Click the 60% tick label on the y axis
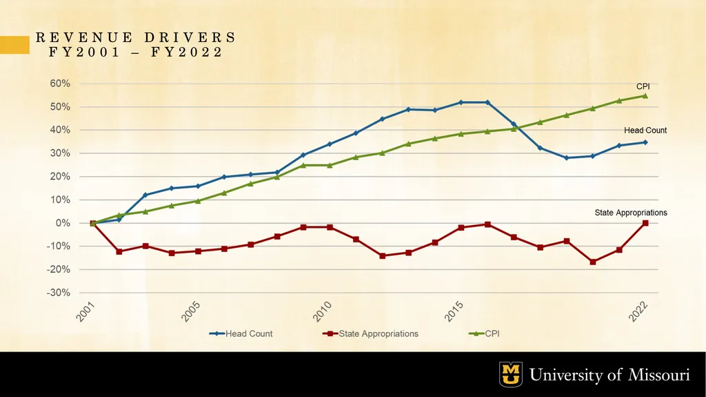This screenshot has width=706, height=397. [59, 84]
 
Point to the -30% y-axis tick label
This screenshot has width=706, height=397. [58, 292]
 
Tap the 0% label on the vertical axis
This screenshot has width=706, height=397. [62, 223]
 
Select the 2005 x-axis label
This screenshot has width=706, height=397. [190, 311]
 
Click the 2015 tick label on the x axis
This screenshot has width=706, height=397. [454, 311]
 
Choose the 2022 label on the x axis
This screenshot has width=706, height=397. [638, 311]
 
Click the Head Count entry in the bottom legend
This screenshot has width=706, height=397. [241, 334]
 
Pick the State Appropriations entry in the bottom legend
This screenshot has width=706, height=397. [370, 334]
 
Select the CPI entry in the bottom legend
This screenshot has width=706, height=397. [484, 334]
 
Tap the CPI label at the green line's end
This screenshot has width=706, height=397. [643, 86]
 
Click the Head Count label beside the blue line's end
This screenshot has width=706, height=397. [645, 130]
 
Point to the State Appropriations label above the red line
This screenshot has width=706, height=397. [631, 213]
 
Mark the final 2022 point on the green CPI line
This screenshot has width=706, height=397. [645, 96]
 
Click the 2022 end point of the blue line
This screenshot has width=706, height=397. [645, 142]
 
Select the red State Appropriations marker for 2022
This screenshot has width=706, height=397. [645, 223]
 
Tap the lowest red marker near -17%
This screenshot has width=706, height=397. [592, 262]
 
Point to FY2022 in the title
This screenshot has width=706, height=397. [187, 52]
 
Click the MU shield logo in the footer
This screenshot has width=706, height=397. [511, 374]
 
